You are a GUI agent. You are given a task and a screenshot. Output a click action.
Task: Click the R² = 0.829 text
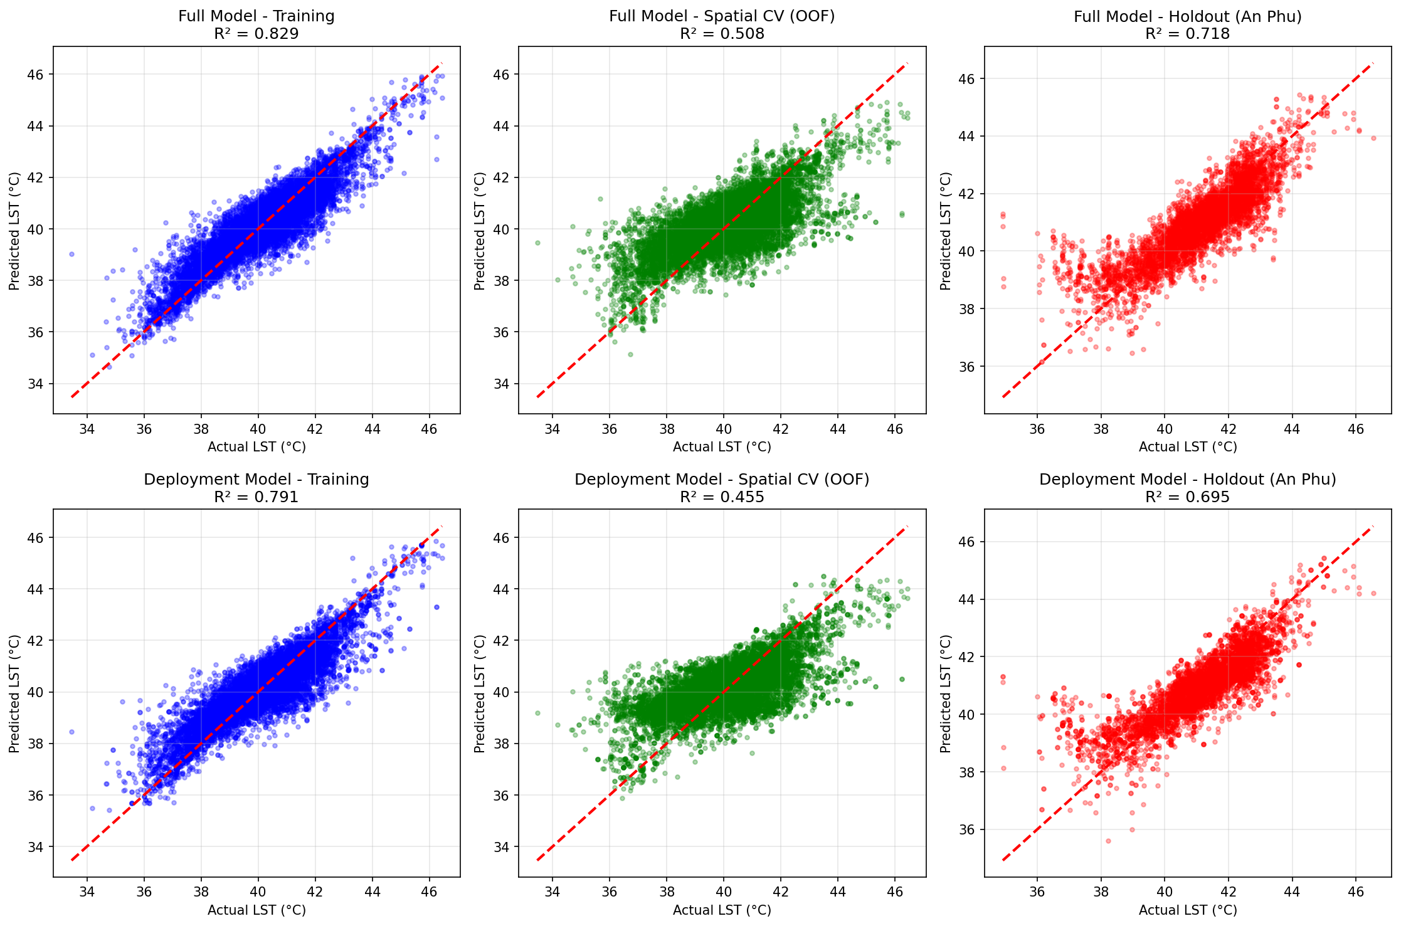[x=256, y=34]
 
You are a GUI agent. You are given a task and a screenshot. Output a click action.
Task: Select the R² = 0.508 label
[x=722, y=34]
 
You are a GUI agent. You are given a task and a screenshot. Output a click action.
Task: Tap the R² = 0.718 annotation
[x=1187, y=34]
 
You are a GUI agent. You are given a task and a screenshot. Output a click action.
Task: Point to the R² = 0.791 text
[x=256, y=497]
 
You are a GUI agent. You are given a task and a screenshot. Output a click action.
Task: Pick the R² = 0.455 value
[x=722, y=497]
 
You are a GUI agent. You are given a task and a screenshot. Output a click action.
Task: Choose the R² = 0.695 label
[x=1187, y=497]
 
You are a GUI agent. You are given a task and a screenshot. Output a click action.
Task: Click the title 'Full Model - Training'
[x=256, y=16]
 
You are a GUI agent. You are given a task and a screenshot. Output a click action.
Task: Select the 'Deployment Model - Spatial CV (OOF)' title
[x=722, y=480]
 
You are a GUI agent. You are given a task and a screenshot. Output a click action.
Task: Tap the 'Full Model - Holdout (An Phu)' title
[x=1187, y=16]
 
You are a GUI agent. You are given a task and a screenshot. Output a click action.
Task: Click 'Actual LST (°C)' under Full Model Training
[x=256, y=447]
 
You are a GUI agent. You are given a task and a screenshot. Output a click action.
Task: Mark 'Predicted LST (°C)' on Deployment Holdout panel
[x=946, y=693]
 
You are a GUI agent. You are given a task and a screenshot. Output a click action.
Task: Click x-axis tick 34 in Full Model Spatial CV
[x=552, y=429]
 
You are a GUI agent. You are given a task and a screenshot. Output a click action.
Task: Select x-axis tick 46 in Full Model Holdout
[x=1356, y=429]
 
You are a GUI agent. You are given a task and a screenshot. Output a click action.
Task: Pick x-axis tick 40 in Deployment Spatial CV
[x=723, y=892]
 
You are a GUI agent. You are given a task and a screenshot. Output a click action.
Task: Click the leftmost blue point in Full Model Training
[x=71, y=254]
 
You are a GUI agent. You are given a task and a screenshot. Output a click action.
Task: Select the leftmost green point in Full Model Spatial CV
[x=537, y=243]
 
